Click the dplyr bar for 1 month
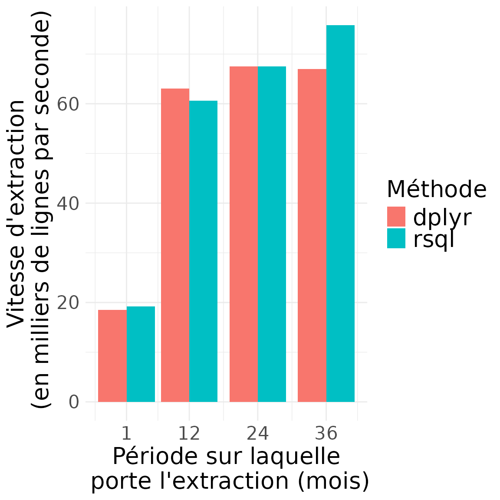[x=112, y=356]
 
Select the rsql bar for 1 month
[x=141, y=354]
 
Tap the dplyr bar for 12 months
[x=175, y=245]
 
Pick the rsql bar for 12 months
[x=203, y=251]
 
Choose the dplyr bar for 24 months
[x=243, y=234]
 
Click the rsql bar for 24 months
[x=272, y=234]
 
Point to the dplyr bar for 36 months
[x=312, y=236]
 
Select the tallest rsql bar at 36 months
[x=340, y=214]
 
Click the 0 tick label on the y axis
[x=74, y=402]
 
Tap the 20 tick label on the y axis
[x=68, y=303]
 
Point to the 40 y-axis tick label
[x=68, y=204]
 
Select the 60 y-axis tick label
[x=68, y=104]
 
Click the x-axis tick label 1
[x=126, y=434]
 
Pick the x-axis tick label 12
[x=189, y=434]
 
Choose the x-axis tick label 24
[x=258, y=434]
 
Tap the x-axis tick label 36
[x=326, y=434]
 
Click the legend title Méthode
[x=436, y=189]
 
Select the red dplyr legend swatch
[x=396, y=217]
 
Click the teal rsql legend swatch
[x=396, y=239]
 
